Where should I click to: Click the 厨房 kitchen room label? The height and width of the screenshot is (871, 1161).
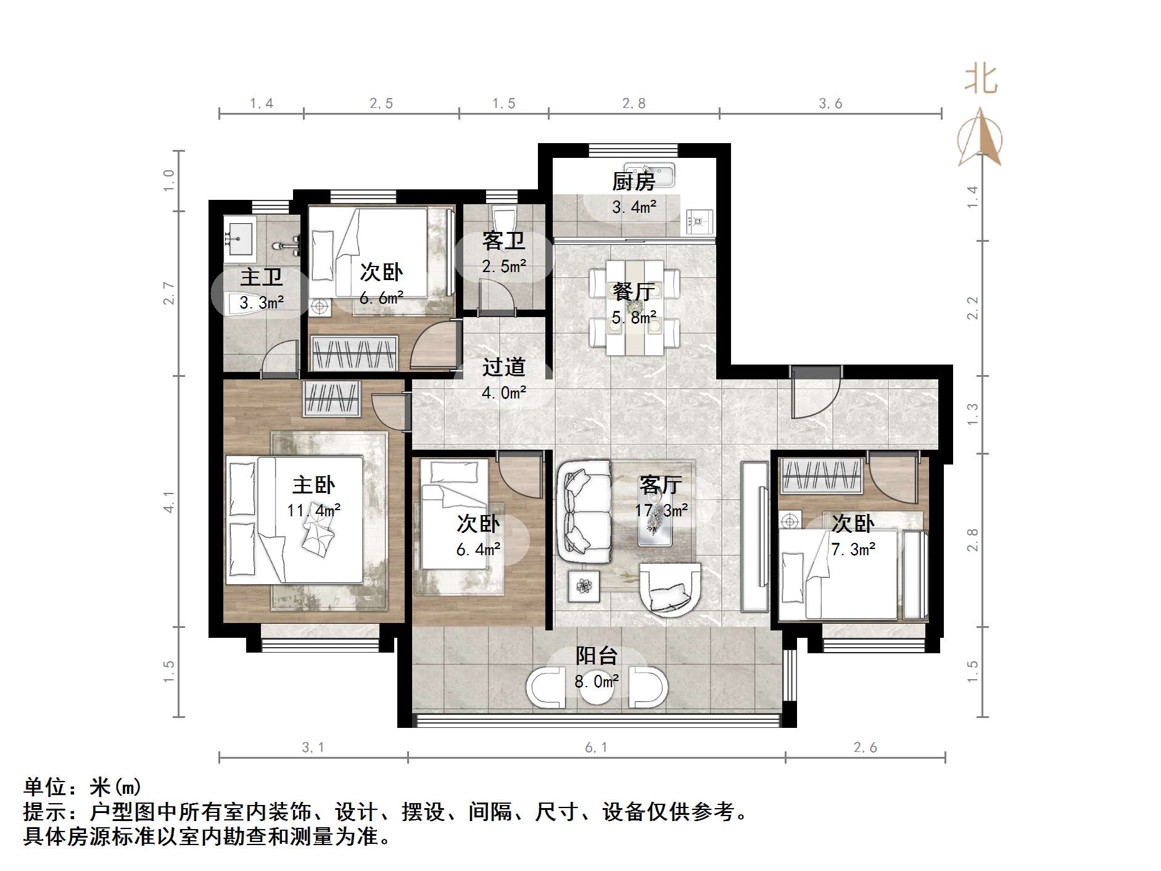point(634,181)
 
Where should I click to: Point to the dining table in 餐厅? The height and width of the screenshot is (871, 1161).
point(634,307)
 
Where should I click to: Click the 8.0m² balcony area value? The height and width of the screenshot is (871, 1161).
point(597,681)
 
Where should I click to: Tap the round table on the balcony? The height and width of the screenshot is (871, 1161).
point(597,690)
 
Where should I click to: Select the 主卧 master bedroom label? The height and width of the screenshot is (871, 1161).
point(313,485)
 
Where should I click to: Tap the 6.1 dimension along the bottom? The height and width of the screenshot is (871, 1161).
point(596,748)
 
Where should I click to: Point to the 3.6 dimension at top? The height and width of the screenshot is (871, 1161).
point(830,104)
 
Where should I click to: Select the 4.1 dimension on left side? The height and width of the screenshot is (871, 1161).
point(169,502)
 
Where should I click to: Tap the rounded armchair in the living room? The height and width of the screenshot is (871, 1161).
point(670,590)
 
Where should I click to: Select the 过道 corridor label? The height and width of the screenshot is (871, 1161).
point(503,367)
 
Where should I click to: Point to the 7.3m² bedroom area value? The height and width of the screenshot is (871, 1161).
point(853,549)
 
